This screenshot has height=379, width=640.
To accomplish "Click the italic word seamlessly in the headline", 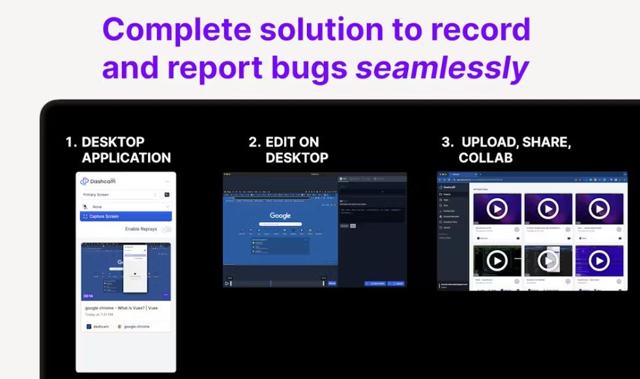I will click(x=442, y=68).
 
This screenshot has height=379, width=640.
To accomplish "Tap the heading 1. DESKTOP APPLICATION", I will click(x=118, y=150).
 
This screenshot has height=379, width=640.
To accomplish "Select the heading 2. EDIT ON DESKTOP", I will click(x=288, y=150).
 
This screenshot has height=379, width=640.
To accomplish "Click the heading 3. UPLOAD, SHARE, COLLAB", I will click(x=506, y=150).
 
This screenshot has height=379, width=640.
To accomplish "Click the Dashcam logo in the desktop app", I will click(x=94, y=182).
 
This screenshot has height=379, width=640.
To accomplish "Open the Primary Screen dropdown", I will click(x=119, y=194).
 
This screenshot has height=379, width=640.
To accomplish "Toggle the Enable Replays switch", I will click(x=166, y=229).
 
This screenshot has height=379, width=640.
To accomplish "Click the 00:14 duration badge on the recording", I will click(x=88, y=295).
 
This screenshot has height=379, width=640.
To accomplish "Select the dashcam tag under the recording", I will click(x=98, y=326).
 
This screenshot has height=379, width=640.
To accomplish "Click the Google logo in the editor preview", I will click(x=280, y=216).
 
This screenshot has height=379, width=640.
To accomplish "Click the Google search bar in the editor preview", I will click(x=280, y=224).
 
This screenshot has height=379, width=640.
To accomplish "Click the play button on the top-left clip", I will click(x=497, y=208).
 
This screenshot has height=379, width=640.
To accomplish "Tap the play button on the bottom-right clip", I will click(x=598, y=260).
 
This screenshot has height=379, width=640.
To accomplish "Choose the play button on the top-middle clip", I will click(x=547, y=208).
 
